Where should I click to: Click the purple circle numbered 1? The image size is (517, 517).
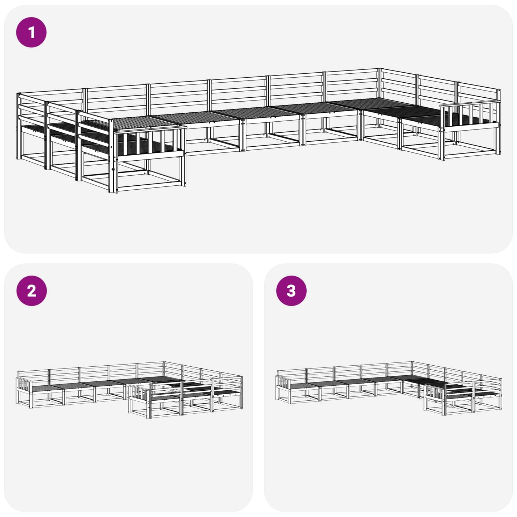31,32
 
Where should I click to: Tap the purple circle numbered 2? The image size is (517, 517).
31,291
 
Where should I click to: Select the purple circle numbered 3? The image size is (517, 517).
291,291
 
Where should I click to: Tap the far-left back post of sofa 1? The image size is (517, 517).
18,126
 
